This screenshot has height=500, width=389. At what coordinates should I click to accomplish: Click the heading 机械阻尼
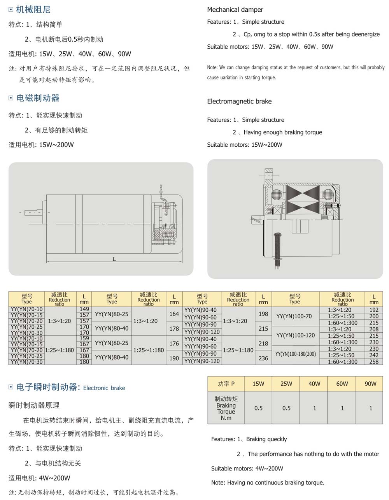33,10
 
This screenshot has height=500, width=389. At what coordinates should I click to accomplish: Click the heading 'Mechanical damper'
235,10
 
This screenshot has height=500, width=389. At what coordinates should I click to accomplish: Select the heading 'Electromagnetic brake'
239,102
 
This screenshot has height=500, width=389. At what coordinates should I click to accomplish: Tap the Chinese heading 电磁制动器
38,98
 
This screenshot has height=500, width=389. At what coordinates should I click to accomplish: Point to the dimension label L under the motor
114,259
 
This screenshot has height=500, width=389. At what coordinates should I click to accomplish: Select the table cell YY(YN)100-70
294,316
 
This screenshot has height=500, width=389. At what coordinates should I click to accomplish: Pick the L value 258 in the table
374,361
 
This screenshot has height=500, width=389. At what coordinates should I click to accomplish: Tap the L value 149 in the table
84,309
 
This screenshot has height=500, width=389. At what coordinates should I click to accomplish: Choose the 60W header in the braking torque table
342,384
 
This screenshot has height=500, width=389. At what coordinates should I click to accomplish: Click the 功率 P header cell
226,384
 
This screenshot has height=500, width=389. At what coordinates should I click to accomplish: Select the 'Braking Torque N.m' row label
226,408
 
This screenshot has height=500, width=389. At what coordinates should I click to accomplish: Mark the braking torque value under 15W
258,408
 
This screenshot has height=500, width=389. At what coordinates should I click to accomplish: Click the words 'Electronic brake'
104,388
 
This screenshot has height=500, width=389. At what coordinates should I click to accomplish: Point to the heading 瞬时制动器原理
34,405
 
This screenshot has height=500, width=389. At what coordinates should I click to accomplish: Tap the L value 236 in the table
263,358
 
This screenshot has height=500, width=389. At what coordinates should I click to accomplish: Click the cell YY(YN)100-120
296,335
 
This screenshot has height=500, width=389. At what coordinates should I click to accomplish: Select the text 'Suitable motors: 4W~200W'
247,468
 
